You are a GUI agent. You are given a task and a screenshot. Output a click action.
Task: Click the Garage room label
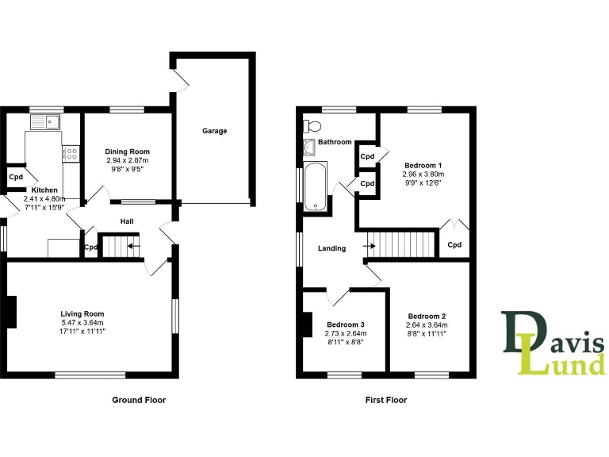214,131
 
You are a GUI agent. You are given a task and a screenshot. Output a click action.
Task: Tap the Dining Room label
128,152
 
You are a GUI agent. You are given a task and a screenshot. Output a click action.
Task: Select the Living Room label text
83,313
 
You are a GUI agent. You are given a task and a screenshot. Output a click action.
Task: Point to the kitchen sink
45,122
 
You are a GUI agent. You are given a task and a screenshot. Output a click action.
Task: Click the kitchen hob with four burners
71,153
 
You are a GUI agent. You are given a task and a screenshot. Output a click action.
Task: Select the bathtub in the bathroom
316,186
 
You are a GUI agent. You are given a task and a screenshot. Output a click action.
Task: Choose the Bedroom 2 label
427,315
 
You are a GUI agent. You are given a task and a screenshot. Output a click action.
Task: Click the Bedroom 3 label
346,325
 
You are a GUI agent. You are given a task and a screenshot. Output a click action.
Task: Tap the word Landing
331,248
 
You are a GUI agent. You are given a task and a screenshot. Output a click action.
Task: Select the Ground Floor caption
139,400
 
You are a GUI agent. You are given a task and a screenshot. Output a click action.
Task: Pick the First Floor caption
386,400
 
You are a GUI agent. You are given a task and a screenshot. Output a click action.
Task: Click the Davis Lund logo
552,342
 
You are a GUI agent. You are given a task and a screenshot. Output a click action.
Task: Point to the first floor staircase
404,244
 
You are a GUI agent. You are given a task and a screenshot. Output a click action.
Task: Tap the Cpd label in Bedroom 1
454,244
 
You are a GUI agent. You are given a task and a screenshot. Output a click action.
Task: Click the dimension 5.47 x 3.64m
83,322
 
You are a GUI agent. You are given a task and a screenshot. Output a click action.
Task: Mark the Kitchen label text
44,190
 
